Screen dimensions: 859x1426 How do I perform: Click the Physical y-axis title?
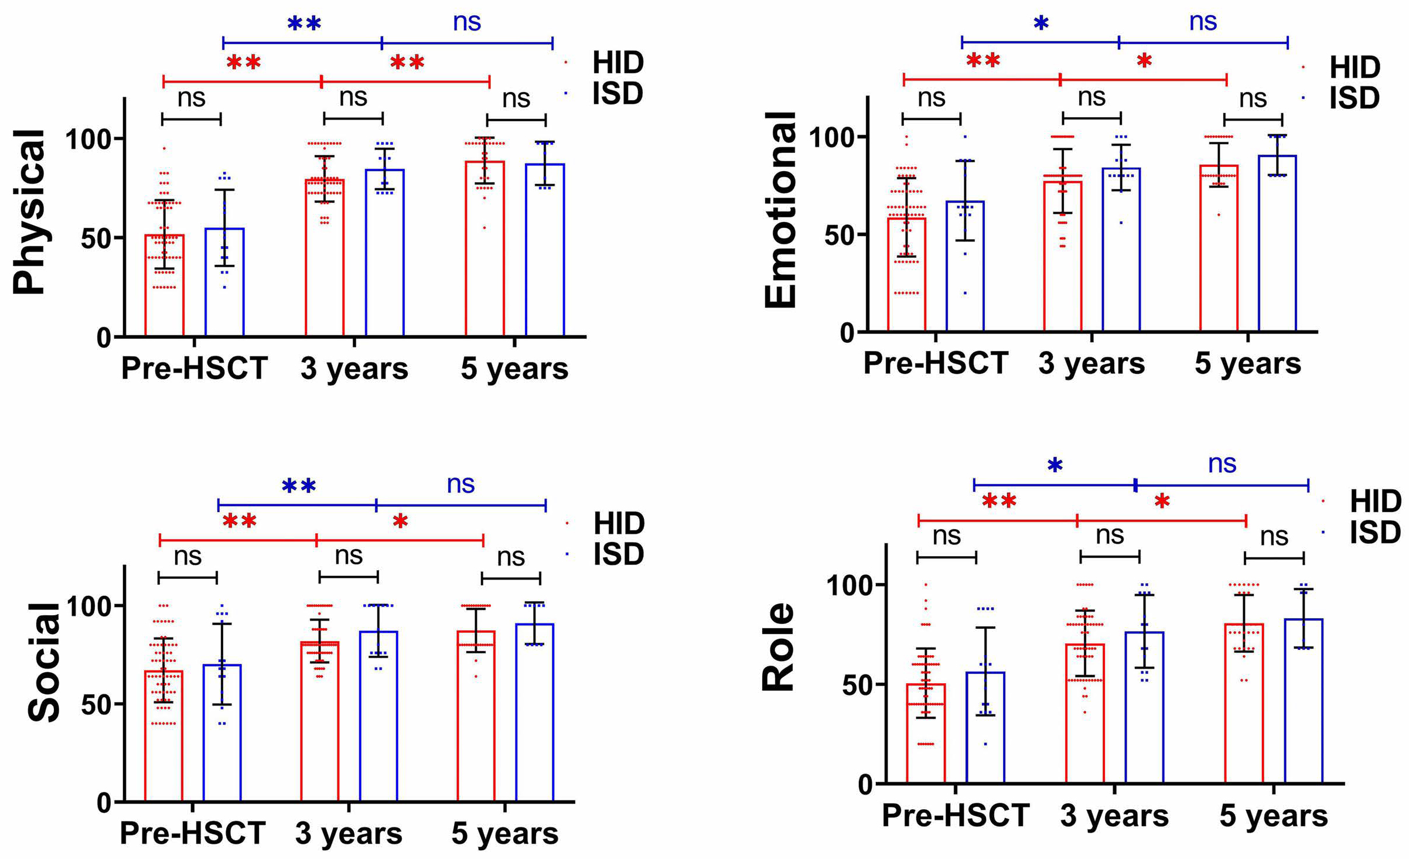(x=29, y=212)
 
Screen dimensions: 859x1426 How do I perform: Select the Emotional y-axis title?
(x=781, y=210)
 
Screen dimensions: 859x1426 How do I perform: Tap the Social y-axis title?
(x=44, y=662)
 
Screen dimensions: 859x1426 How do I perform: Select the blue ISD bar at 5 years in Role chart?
(x=1304, y=701)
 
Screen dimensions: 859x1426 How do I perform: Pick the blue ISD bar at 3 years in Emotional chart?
(x=1121, y=250)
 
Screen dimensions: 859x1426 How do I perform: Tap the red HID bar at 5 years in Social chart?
(x=476, y=715)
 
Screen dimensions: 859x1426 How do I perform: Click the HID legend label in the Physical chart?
(x=618, y=62)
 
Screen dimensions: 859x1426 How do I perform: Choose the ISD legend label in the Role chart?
(x=1375, y=532)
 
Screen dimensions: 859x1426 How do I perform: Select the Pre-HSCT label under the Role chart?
(x=956, y=815)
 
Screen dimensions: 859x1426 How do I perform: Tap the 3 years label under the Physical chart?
(x=354, y=369)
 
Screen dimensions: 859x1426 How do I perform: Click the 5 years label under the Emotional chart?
(x=1247, y=363)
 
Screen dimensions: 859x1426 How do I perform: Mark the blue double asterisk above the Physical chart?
(x=304, y=24)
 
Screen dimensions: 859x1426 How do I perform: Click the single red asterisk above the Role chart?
(x=1162, y=502)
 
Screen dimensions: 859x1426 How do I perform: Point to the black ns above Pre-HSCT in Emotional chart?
(x=931, y=98)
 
